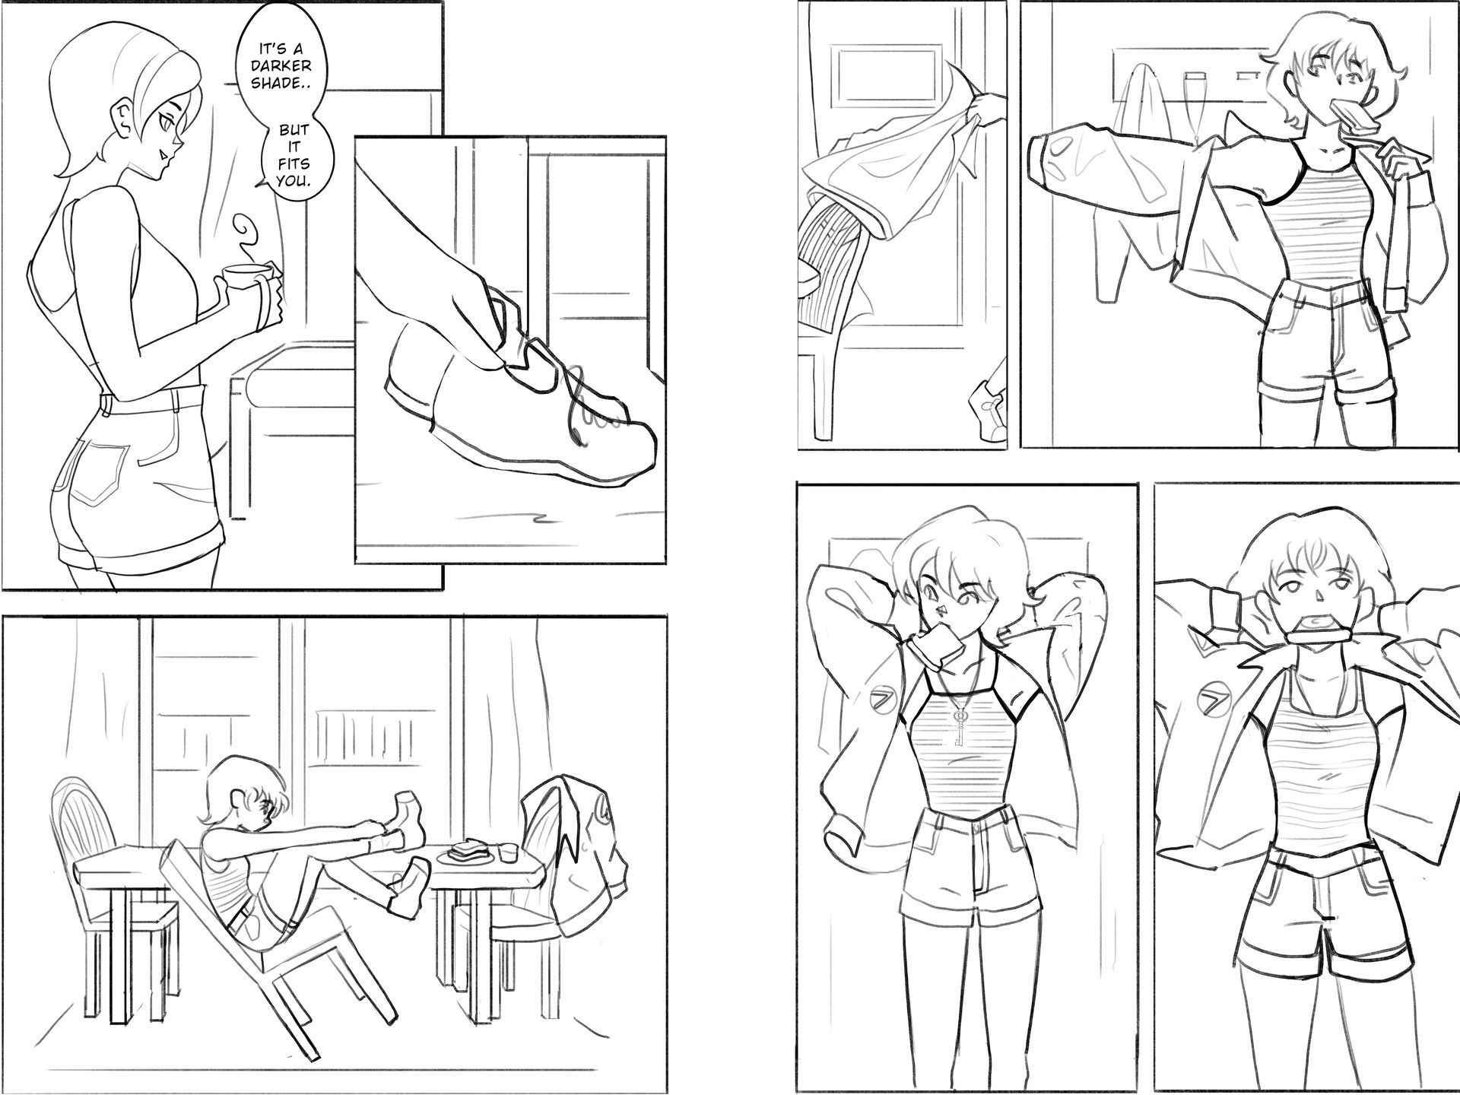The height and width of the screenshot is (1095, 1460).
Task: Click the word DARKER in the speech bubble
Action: (281, 66)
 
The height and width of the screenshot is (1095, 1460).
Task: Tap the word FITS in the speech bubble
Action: (293, 163)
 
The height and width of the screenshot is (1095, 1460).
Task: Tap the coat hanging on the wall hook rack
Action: (1133, 167)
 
